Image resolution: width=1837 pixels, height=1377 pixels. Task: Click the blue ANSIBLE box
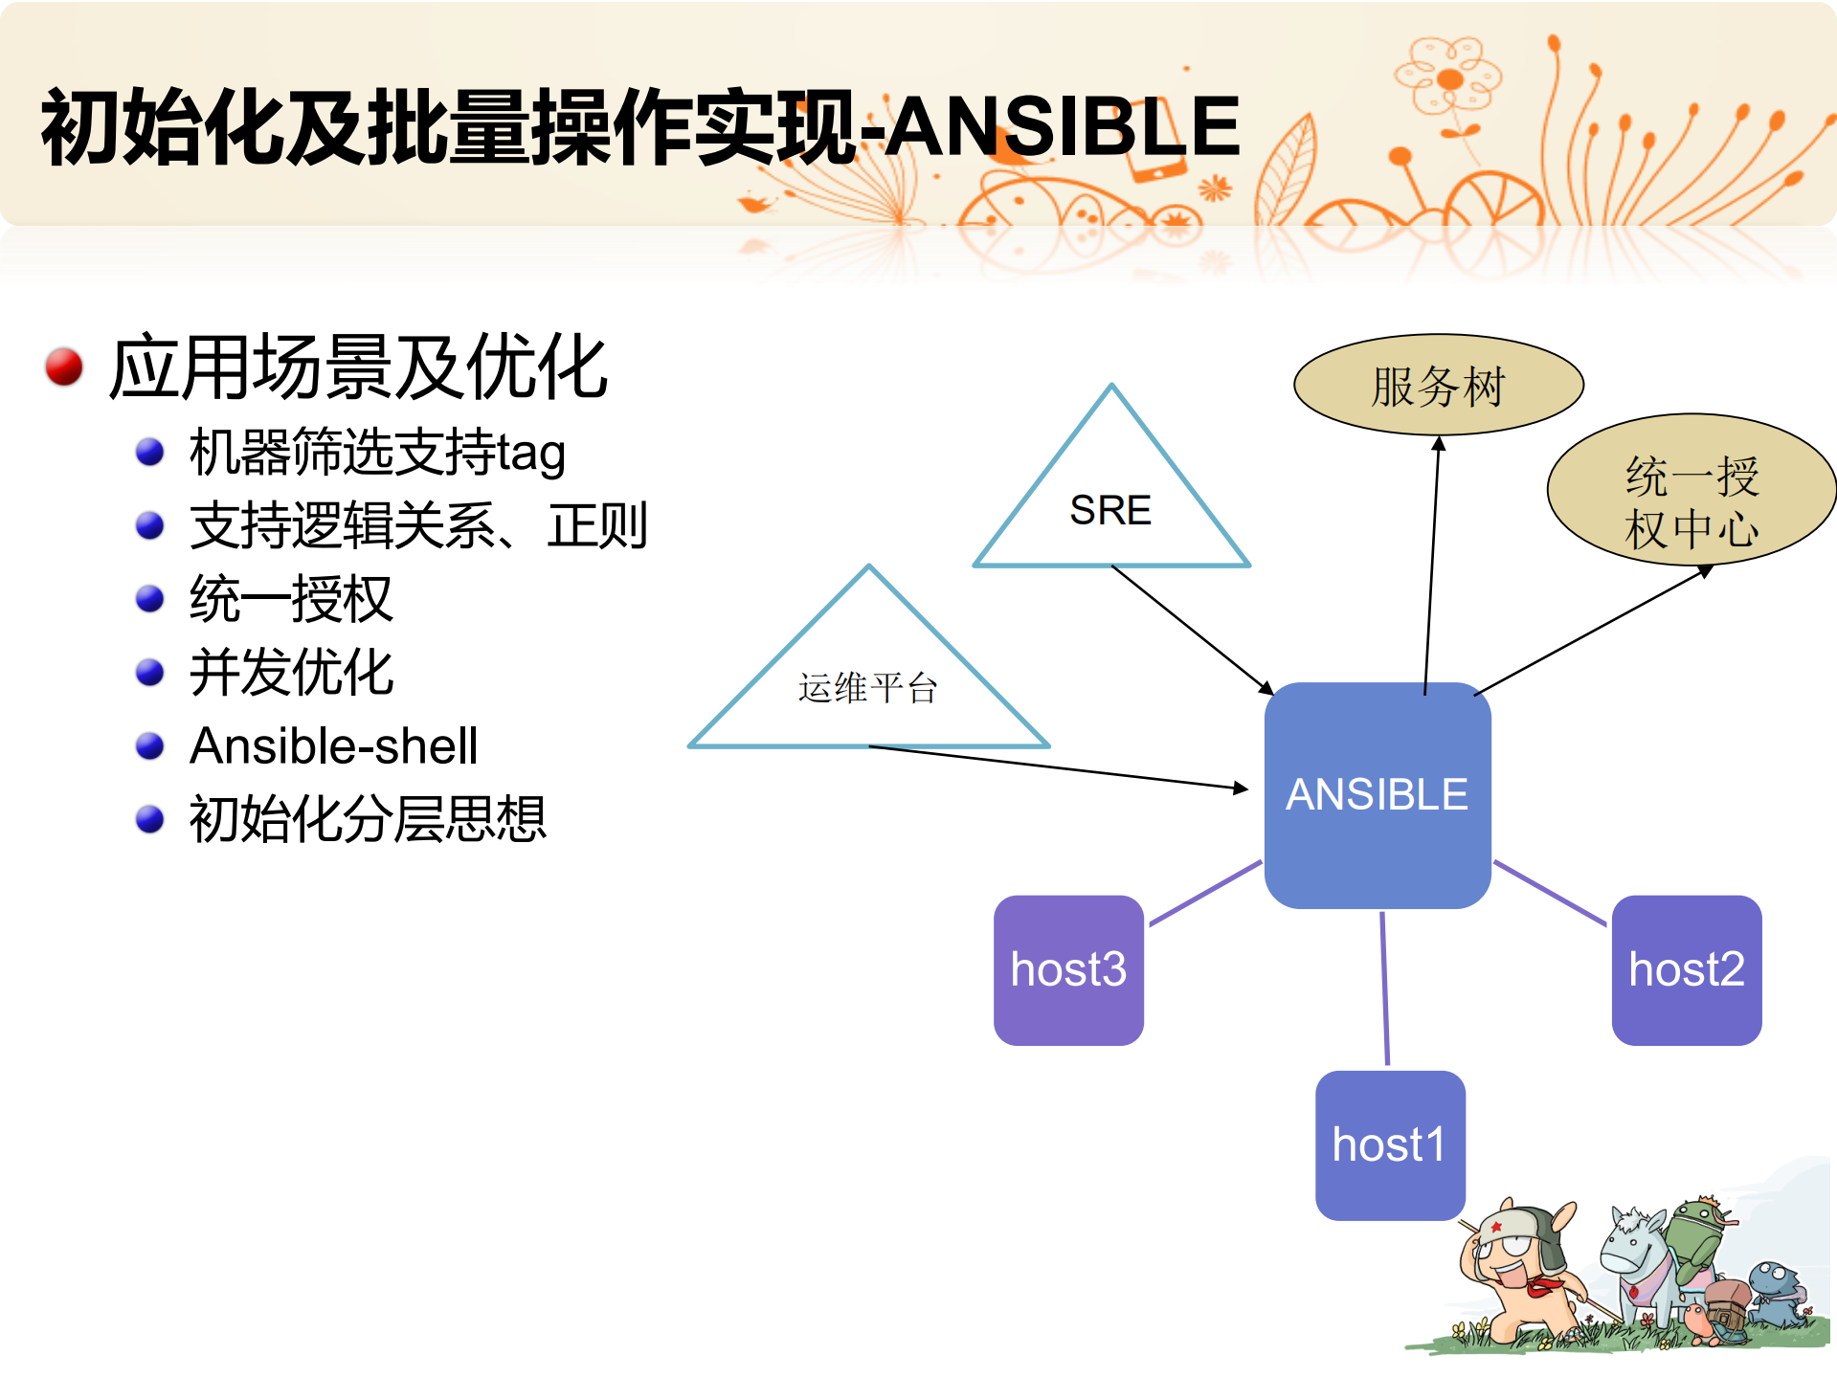[1377, 794]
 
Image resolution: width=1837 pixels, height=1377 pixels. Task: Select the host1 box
[1389, 1144]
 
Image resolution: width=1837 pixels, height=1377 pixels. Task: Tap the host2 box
[1686, 969]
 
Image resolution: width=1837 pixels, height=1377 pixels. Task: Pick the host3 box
[1068, 969]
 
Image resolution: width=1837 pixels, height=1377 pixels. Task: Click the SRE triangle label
[1110, 510]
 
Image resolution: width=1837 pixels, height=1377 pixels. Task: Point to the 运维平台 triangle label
[867, 687]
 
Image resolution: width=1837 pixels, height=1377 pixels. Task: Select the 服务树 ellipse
[1438, 386]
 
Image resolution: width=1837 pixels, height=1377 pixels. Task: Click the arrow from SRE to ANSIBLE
[1191, 629]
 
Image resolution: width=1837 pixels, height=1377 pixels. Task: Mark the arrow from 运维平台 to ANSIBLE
[1053, 766]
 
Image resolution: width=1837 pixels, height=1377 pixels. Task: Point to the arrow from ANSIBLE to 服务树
[1432, 565]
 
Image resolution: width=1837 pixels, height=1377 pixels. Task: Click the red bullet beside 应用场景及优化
[64, 366]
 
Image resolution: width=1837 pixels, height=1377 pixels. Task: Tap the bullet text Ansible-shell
[333, 745]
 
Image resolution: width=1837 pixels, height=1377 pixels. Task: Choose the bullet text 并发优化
[291, 672]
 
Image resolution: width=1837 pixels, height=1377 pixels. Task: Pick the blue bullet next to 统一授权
[149, 598]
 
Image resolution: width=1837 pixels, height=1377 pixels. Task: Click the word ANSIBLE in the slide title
[1063, 126]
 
